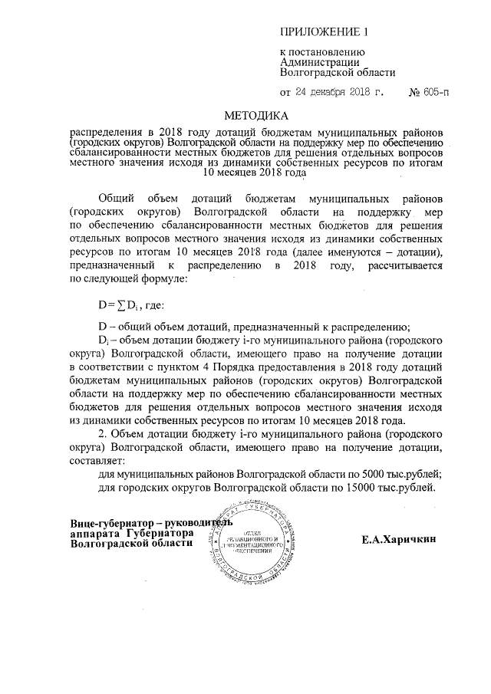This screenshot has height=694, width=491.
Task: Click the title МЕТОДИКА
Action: point(255,117)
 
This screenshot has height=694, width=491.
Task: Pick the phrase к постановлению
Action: point(317,52)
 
